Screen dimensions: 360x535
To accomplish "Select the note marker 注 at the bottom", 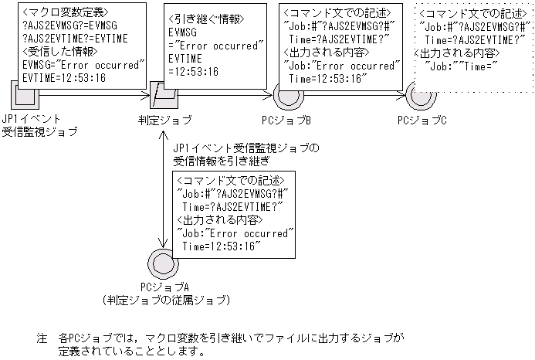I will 42,338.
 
